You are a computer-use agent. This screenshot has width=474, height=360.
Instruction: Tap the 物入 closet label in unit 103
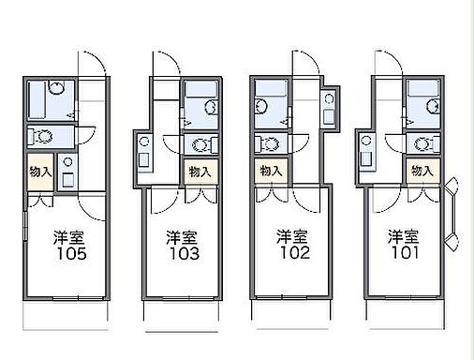pos(199,172)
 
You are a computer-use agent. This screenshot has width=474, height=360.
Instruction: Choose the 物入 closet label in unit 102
pos(270,171)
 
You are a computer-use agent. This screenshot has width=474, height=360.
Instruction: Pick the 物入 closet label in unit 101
pos(422,171)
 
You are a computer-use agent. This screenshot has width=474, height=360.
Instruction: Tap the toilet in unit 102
pos(268,143)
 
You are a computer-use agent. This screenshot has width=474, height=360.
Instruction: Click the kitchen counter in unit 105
pos(67,172)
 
